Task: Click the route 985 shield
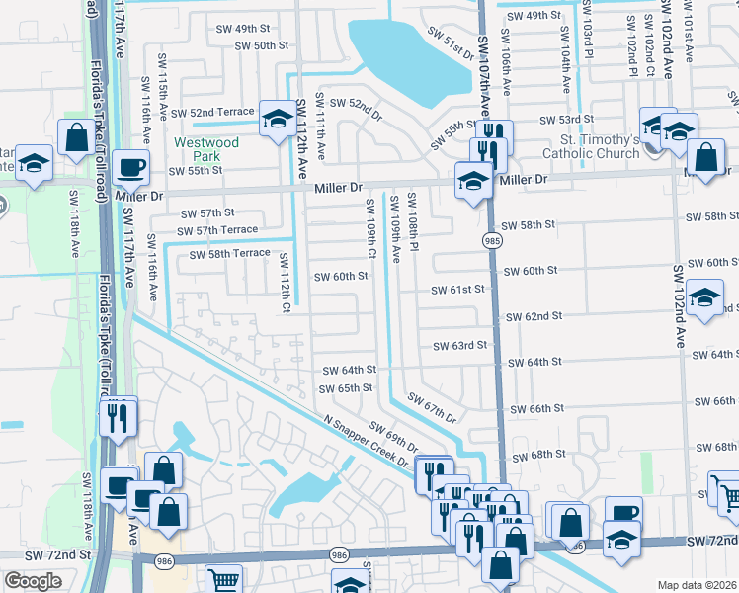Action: pyautogui.click(x=491, y=240)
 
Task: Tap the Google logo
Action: pyautogui.click(x=33, y=581)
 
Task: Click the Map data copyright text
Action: pyautogui.click(x=697, y=584)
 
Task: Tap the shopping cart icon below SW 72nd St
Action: pyautogui.click(x=224, y=581)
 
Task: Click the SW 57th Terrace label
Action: pyautogui.click(x=216, y=230)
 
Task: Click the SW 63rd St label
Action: pyautogui.click(x=460, y=345)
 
